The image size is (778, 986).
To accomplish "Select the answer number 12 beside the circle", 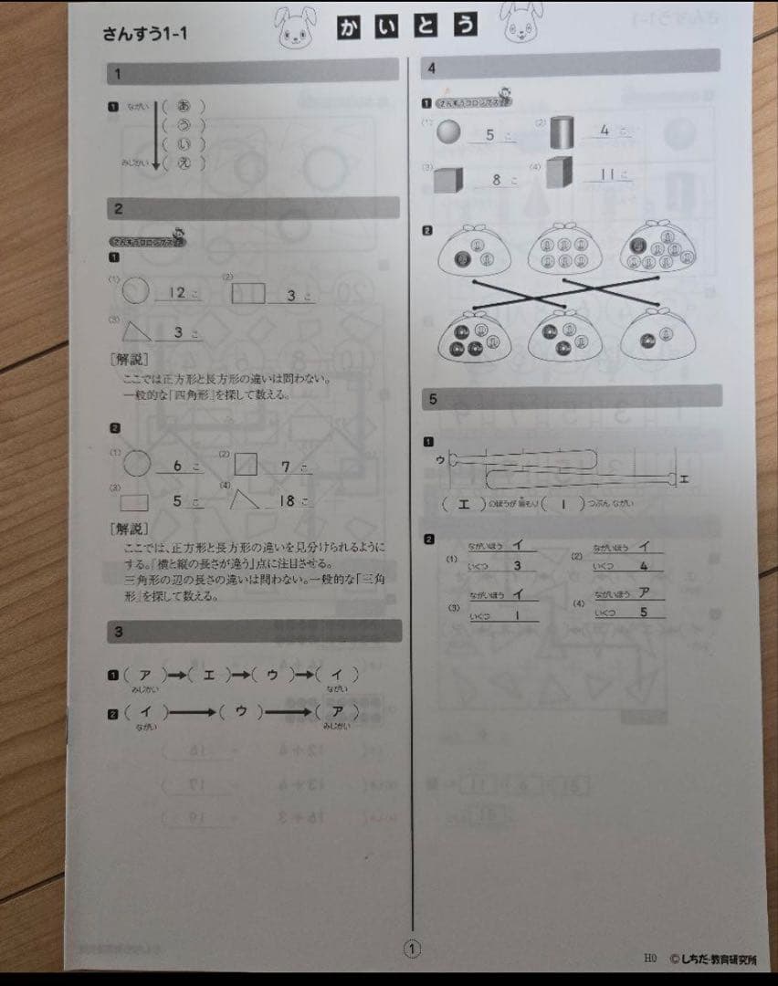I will [177, 293].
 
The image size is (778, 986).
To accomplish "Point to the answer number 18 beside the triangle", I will [286, 500].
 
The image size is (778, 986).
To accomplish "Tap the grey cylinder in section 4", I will [562, 133].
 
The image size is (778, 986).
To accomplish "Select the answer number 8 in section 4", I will [497, 180].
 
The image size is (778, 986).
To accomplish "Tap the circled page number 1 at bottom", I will [412, 950].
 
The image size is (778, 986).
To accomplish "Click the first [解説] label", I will [128, 359].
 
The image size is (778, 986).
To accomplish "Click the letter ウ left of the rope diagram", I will [440, 459].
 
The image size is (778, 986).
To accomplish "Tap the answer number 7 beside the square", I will [285, 467].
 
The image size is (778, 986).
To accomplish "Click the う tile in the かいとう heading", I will [466, 29].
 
